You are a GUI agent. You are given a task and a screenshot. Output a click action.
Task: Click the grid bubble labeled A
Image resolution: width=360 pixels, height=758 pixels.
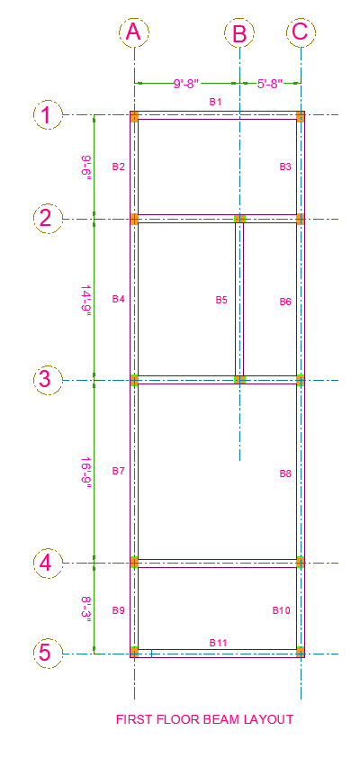tap(134, 32)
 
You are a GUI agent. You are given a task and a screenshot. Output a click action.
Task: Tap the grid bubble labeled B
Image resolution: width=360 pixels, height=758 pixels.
tap(239, 34)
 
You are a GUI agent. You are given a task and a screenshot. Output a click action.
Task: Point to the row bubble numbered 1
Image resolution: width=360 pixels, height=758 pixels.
tap(48, 115)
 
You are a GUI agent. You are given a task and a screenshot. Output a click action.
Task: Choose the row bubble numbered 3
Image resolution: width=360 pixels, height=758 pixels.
tap(48, 380)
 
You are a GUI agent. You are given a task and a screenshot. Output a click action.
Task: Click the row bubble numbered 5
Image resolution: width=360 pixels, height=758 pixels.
tap(48, 654)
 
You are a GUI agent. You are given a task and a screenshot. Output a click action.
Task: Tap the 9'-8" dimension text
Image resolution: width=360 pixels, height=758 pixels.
tap(186, 84)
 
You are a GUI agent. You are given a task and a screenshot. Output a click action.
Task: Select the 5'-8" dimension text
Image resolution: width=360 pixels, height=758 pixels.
tap(270, 84)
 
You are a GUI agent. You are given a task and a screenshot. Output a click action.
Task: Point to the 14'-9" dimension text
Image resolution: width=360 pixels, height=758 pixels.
tap(86, 300)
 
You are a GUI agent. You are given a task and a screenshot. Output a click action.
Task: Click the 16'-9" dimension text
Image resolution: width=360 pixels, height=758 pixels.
tap(86, 473)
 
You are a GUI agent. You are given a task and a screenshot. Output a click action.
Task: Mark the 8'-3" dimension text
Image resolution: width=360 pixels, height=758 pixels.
tap(86, 610)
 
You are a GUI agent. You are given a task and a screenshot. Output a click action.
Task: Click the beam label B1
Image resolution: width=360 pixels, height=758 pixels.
tap(215, 102)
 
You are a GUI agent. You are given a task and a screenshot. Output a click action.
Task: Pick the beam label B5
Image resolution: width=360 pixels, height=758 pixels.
tap(221, 300)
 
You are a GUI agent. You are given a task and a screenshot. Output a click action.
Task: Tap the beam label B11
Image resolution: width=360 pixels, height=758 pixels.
tap(218, 643)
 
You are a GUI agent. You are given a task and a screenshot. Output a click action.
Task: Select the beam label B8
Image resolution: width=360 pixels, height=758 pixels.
tap(285, 474)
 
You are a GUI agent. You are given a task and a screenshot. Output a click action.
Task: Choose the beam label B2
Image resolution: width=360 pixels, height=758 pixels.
tap(119, 167)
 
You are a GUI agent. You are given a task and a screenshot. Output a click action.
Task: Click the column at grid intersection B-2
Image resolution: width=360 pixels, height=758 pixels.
tap(239, 219)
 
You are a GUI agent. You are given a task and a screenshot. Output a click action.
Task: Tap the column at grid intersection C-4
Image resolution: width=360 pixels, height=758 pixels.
tap(300, 563)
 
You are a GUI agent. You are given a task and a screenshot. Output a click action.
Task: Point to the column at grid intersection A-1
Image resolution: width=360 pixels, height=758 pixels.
tap(134, 116)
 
